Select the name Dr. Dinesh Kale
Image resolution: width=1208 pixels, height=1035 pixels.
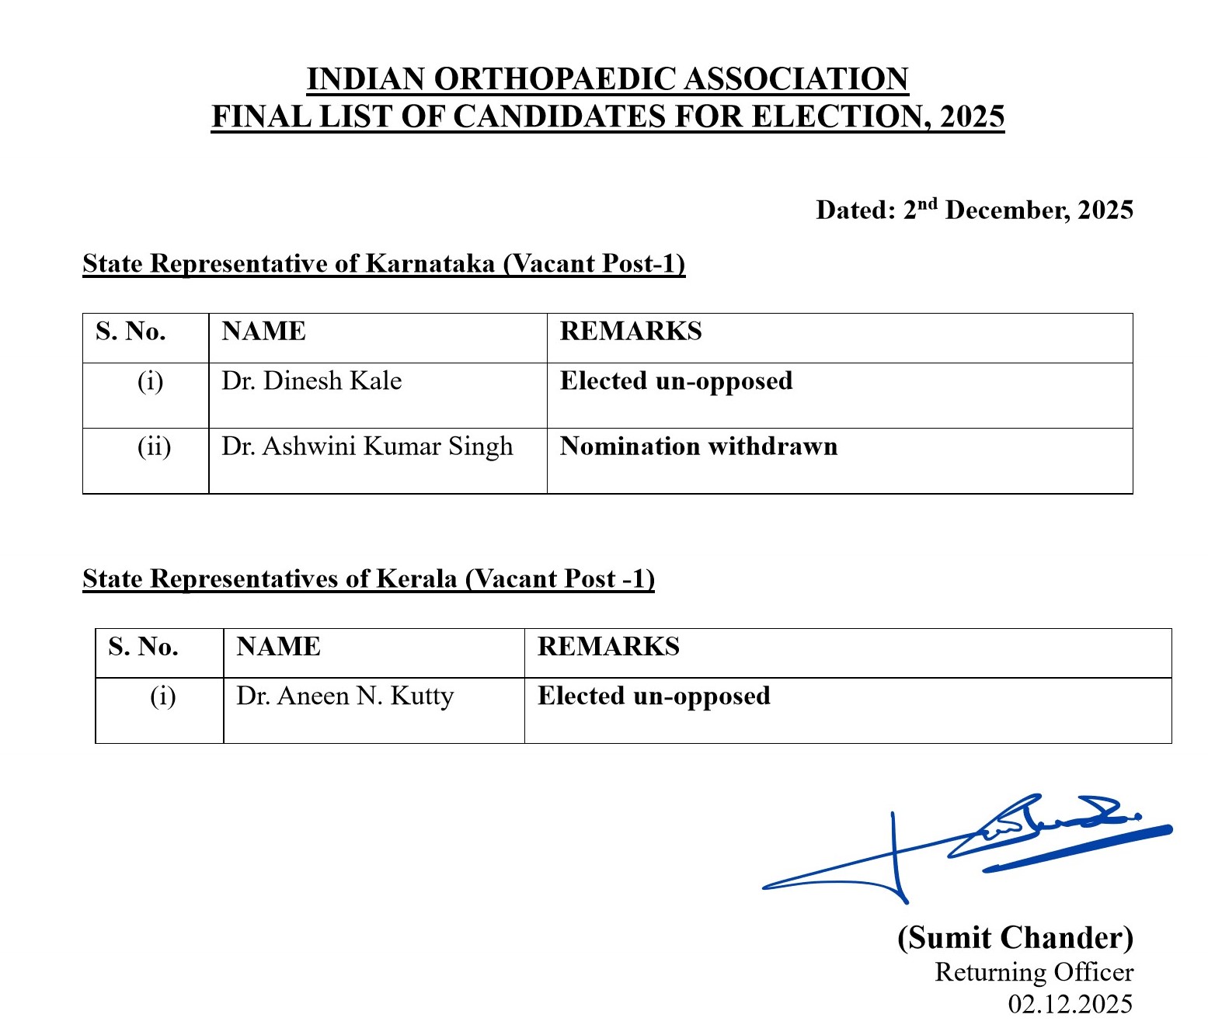tap(312, 381)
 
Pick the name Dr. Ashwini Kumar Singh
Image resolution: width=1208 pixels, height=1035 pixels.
tap(367, 446)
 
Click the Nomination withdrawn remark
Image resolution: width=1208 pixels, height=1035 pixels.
tap(698, 446)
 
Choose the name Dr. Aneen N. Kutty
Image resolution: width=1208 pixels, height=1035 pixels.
tap(345, 696)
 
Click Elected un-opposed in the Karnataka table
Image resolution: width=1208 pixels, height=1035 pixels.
tap(676, 381)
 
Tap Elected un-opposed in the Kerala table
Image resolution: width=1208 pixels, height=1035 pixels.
tap(653, 696)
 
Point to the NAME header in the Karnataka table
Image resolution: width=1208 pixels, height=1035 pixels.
tap(263, 332)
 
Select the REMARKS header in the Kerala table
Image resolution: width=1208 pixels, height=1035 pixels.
tap(608, 647)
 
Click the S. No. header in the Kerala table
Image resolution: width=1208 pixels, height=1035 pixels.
tap(143, 647)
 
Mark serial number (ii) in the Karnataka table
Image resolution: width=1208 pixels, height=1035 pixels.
tap(154, 447)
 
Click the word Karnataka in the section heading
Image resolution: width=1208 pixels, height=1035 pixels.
tap(430, 264)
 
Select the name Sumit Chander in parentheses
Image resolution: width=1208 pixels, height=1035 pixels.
tap(1015, 938)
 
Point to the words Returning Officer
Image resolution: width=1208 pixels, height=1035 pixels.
tap(1033, 972)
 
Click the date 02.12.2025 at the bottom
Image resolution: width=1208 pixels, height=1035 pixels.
tap(1070, 1004)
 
